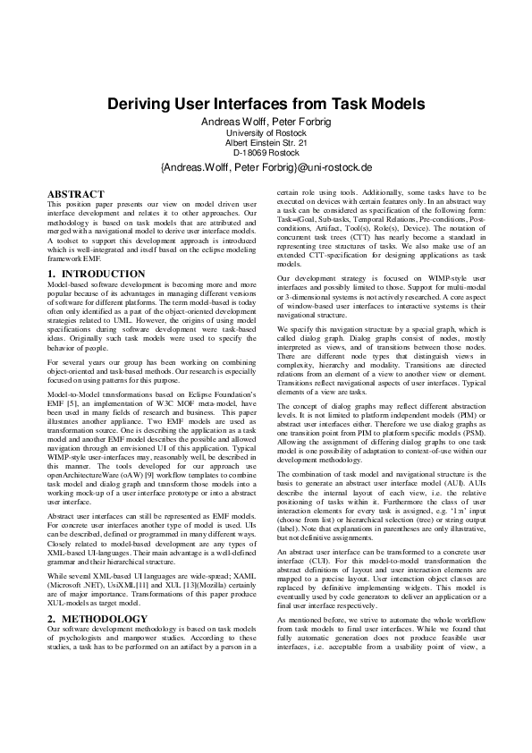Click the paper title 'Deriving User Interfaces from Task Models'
pyautogui.click(x=266, y=104)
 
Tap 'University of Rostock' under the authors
pyautogui.click(x=266, y=133)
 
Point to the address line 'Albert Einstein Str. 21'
pyautogui.click(x=266, y=143)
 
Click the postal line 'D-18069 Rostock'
pyautogui.click(x=266, y=153)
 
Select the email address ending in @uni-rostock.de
pyautogui.click(x=266, y=167)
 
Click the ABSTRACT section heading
pyautogui.click(x=76, y=193)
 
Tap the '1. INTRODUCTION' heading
pyautogui.click(x=90, y=247)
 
